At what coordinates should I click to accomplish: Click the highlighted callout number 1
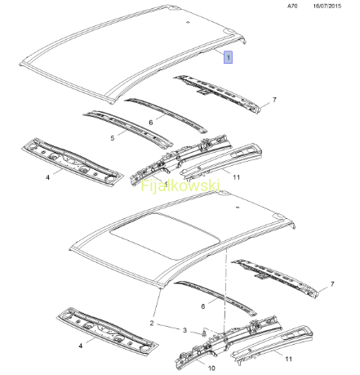228,57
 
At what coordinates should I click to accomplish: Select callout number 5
113,138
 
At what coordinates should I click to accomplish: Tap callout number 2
152,324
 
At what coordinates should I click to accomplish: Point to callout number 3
184,330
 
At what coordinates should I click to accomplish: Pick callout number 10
211,368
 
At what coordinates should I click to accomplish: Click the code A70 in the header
292,6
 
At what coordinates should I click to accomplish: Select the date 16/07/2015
327,6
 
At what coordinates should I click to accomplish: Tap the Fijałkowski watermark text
180,186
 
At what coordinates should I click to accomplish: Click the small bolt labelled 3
203,333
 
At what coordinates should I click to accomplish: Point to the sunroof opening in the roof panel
166,234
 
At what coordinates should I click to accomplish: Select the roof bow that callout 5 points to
128,128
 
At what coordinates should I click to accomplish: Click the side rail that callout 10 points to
229,342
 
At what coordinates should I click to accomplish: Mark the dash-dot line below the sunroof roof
224,289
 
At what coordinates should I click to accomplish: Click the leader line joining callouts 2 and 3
168,326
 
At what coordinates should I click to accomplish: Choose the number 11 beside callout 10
288,359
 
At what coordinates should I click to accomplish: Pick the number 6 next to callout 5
151,123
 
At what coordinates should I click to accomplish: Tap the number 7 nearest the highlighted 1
274,100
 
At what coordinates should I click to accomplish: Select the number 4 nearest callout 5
48,177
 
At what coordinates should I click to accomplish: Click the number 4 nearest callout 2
81,346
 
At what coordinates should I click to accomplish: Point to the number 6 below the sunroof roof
203,306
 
